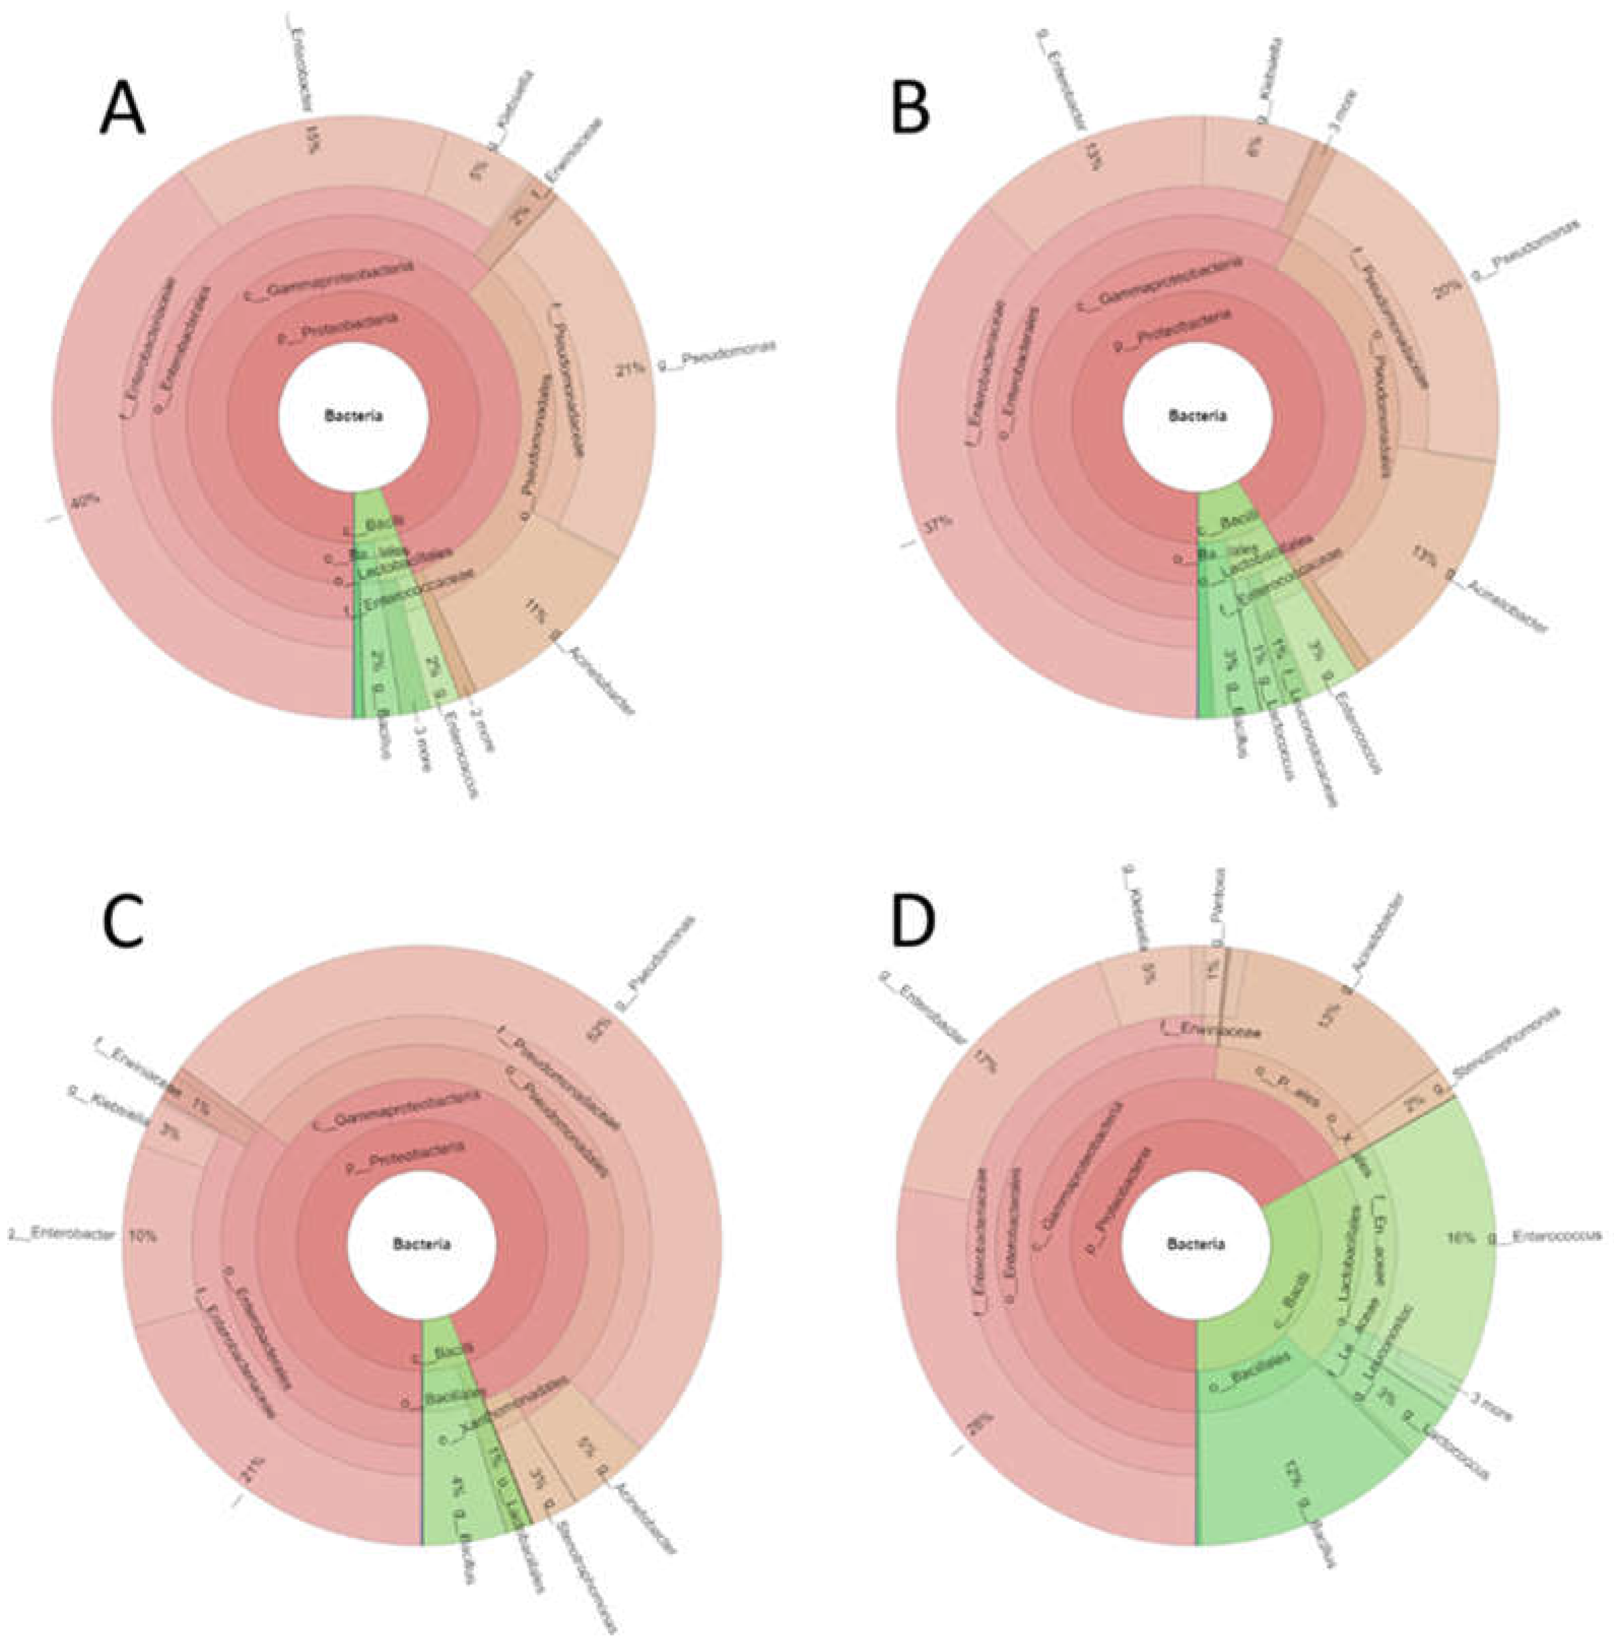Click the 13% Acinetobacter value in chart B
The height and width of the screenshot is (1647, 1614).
pyautogui.click(x=1424, y=559)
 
